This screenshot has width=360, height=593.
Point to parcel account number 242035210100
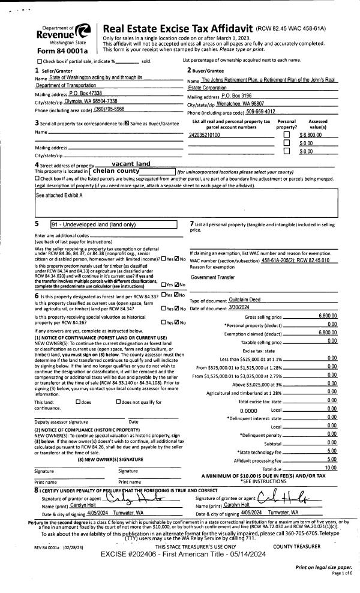[205, 135]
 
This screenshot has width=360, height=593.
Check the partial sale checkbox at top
[40, 61]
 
